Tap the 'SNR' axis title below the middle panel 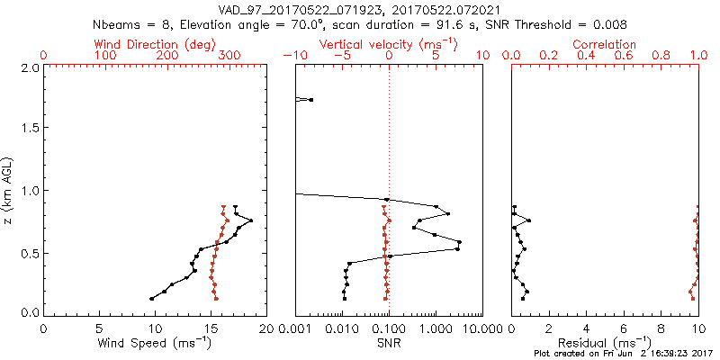(388, 343)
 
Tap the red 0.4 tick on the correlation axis (586, 56)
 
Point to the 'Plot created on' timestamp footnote (622, 354)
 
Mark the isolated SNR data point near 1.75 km (311, 99)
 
